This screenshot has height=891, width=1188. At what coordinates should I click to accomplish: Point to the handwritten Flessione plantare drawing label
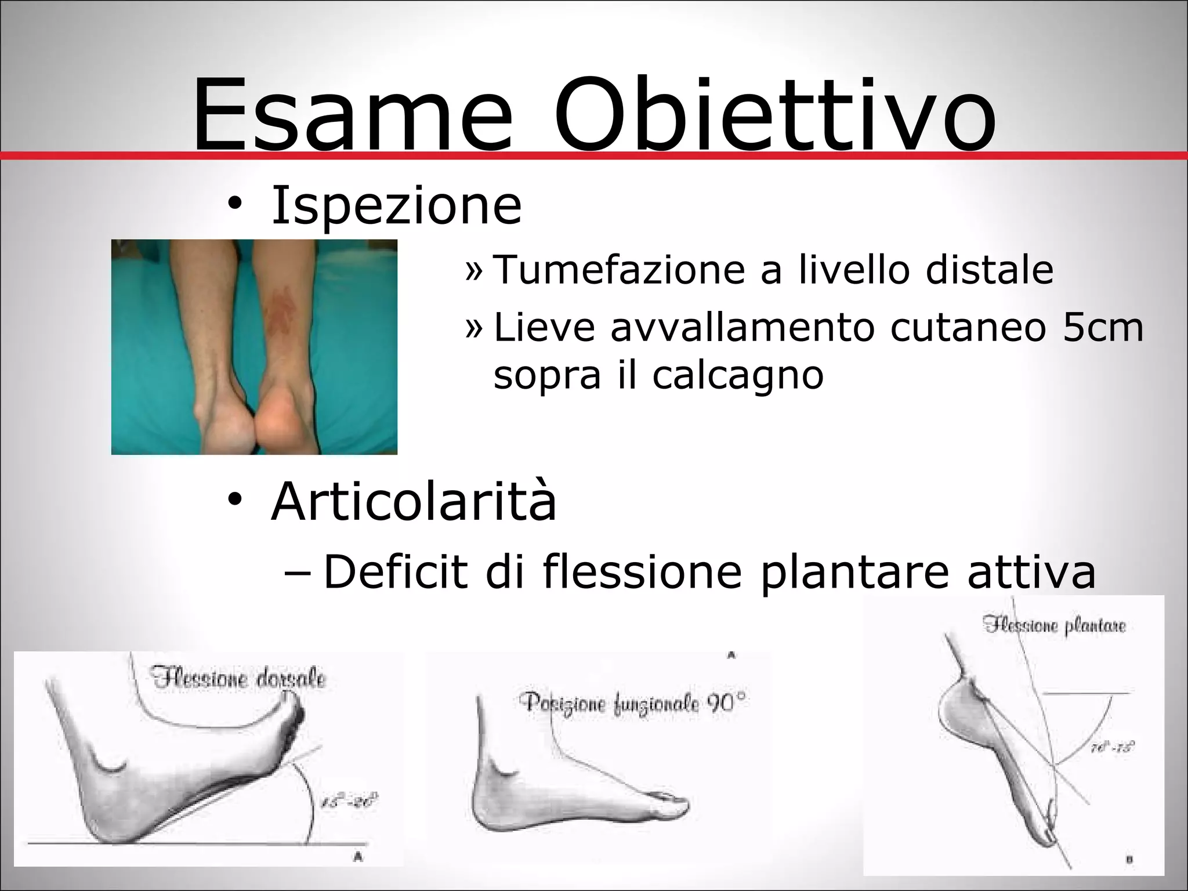click(x=1054, y=625)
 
